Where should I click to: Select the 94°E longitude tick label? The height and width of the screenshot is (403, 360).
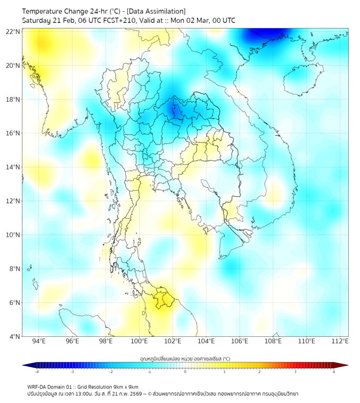point(39,342)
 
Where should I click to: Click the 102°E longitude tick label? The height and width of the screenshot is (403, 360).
point(173,342)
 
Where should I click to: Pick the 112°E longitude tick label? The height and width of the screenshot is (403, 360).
point(340,342)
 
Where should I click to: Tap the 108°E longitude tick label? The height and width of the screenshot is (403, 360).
point(273,342)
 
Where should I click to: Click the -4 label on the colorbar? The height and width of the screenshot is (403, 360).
point(36,373)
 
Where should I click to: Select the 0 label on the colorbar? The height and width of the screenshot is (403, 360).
point(185,373)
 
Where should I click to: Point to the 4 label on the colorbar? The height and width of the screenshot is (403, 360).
point(334,373)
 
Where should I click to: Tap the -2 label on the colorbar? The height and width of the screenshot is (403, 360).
point(110,373)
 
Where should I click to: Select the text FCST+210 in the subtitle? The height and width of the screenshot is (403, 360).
point(122,20)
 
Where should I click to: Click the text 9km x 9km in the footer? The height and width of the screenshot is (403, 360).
point(126,386)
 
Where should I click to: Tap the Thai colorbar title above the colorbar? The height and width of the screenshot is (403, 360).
point(185,359)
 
